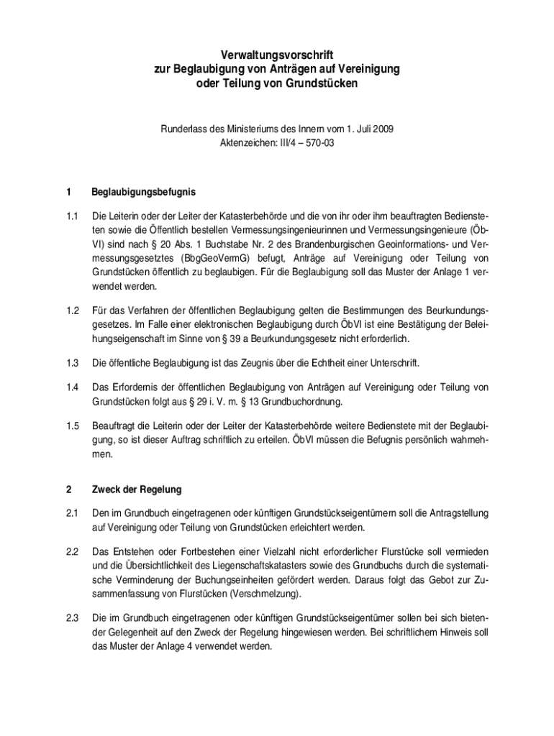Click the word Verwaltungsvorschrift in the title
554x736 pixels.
pyautogui.click(x=277, y=55)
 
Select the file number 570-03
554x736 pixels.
pyautogui.click(x=317, y=142)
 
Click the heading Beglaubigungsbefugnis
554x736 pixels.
pyautogui.click(x=143, y=193)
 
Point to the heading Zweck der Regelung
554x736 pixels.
pyautogui.click(x=136, y=489)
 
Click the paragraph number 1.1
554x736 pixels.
pyautogui.click(x=70, y=216)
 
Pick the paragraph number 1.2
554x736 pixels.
pyautogui.click(x=70, y=310)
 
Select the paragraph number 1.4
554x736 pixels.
pyautogui.click(x=70, y=387)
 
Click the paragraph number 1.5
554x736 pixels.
pyautogui.click(x=70, y=426)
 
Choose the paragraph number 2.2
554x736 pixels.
pyautogui.click(x=70, y=551)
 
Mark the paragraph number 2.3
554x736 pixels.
pyautogui.click(x=70, y=617)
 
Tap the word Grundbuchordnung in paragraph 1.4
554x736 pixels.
pyautogui.click(x=301, y=400)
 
